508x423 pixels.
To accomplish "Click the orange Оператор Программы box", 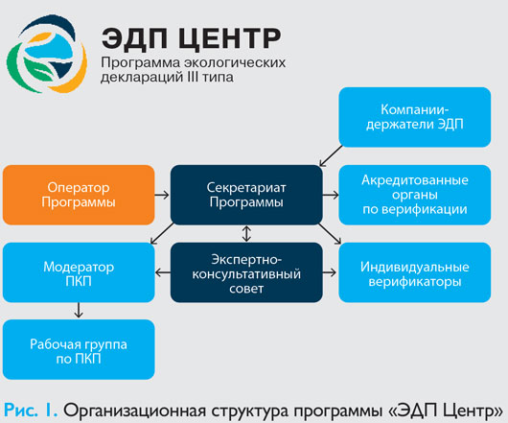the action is point(79,195).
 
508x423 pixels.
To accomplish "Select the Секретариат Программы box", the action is point(246,195).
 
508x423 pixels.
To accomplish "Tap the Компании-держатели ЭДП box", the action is point(415,117).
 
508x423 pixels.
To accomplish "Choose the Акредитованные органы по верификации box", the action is point(415,195).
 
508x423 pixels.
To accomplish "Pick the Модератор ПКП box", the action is point(79,272).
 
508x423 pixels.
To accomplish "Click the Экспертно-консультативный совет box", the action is point(246,272).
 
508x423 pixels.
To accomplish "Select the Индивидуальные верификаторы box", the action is point(415,272).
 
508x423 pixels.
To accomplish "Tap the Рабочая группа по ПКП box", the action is point(79,349).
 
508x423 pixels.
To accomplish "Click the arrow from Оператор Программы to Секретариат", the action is point(162,195).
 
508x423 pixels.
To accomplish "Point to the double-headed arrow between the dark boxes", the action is point(246,234).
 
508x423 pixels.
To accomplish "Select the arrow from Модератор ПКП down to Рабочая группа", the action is point(79,310).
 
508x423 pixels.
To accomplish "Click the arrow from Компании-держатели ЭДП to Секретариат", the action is point(331,156).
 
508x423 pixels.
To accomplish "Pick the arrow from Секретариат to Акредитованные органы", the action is point(331,195).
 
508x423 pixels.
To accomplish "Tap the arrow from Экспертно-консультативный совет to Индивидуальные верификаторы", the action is point(330,272).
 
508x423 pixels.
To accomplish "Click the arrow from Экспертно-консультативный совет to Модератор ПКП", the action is point(163,272).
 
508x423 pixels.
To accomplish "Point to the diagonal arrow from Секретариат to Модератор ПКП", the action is point(162,233).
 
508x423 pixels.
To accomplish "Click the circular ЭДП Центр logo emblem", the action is point(47,54).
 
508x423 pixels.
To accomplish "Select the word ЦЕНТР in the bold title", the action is point(229,39).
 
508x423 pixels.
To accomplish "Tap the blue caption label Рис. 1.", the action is point(31,411).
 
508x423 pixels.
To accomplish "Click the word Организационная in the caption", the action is point(135,411).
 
